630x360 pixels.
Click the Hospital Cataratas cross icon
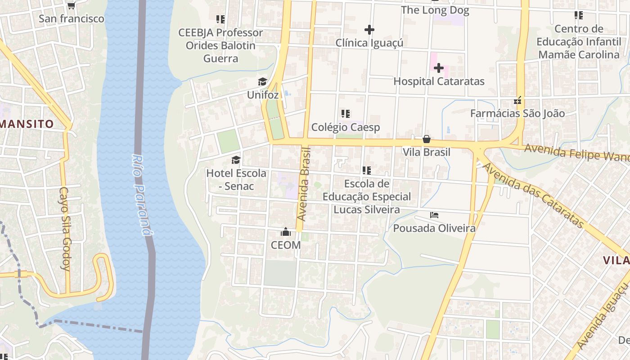pyautogui.click(x=439, y=68)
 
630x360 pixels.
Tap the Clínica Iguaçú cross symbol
pyautogui.click(x=369, y=30)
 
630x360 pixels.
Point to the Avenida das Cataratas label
pyautogui.click(x=533, y=196)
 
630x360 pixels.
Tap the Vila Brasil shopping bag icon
pyautogui.click(x=426, y=139)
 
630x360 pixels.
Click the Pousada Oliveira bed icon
pyautogui.click(x=434, y=215)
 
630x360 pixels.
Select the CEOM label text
pyautogui.click(x=286, y=245)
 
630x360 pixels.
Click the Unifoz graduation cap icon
pyautogui.click(x=262, y=81)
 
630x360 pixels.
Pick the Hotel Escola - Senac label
pyautogui.click(x=236, y=180)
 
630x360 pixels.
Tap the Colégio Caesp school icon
pyautogui.click(x=345, y=114)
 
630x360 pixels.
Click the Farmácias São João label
pyautogui.click(x=517, y=113)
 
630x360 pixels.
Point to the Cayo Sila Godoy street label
pyautogui.click(x=65, y=228)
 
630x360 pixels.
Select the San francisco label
pyautogui.click(x=71, y=19)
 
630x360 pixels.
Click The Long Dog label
pyautogui.click(x=435, y=10)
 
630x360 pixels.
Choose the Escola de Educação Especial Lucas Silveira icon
pyautogui.click(x=366, y=171)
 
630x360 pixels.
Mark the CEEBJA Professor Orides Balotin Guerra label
pyautogui.click(x=220, y=45)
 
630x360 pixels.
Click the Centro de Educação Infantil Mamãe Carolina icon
pyautogui.click(x=578, y=15)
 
